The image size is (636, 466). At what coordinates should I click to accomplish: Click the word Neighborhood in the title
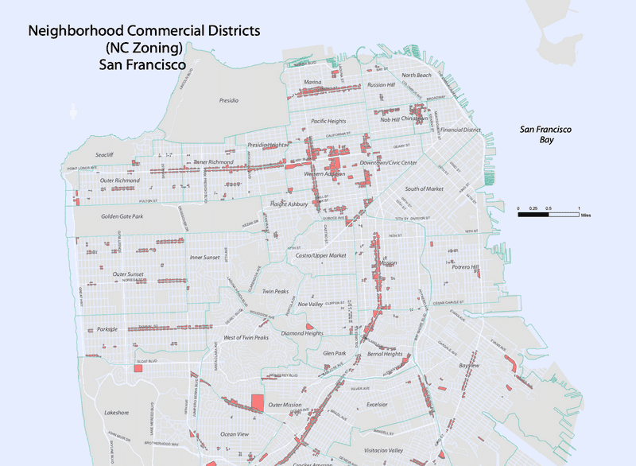coord(69,32)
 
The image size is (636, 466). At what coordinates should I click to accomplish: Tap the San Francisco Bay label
coord(546,134)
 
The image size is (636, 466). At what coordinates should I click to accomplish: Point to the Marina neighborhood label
coord(313,82)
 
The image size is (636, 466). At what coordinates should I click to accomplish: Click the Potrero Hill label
coord(465,267)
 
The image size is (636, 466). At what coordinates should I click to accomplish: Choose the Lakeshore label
coord(116,412)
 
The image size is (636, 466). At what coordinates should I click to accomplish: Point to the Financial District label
coord(461,129)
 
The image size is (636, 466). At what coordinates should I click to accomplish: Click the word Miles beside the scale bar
coord(586,215)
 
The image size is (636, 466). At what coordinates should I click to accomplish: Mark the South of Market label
coord(425,188)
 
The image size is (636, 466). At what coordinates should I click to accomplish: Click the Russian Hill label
coord(381,84)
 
